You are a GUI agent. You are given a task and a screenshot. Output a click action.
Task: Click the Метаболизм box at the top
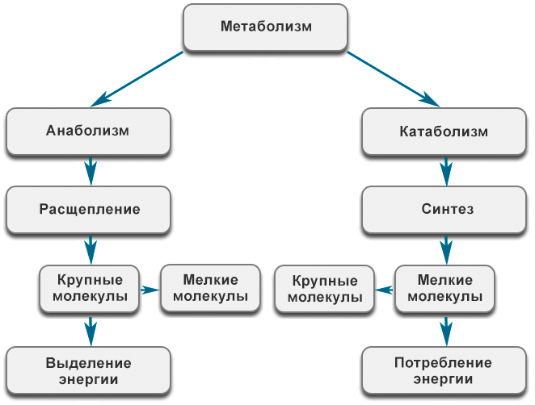coord(266,27)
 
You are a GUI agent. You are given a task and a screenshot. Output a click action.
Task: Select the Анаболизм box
coord(88,131)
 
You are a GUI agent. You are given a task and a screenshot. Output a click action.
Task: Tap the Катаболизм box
coord(444,131)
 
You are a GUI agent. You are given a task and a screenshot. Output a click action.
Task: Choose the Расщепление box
coord(89,209)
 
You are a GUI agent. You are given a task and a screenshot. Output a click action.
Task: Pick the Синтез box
coord(444,209)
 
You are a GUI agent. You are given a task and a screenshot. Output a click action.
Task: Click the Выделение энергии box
coord(88,370)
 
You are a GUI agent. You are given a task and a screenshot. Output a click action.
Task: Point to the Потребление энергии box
coord(444,370)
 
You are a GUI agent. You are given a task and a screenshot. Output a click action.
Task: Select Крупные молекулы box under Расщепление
coord(90,288)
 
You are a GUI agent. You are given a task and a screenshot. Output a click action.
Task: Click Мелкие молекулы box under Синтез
coord(444,288)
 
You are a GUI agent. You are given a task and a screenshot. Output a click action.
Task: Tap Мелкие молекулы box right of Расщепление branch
coord(210,288)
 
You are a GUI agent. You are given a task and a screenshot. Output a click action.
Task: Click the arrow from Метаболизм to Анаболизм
coord(137,79)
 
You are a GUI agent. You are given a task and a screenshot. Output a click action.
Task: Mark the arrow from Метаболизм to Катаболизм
coord(394,79)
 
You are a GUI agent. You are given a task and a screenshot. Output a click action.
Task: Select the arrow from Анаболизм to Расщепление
coord(91,170)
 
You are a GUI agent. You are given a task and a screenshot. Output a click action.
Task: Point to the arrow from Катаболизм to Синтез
coord(444,170)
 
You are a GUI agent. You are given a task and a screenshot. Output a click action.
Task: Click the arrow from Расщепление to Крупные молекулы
coord(91,248)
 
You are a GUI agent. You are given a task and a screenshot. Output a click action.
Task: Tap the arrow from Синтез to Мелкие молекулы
coord(444,248)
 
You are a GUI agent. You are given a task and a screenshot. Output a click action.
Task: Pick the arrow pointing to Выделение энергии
coord(91,329)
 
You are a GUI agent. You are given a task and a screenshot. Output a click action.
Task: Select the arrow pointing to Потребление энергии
coord(444,329)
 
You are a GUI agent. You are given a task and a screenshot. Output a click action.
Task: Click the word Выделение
coord(88,363)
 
